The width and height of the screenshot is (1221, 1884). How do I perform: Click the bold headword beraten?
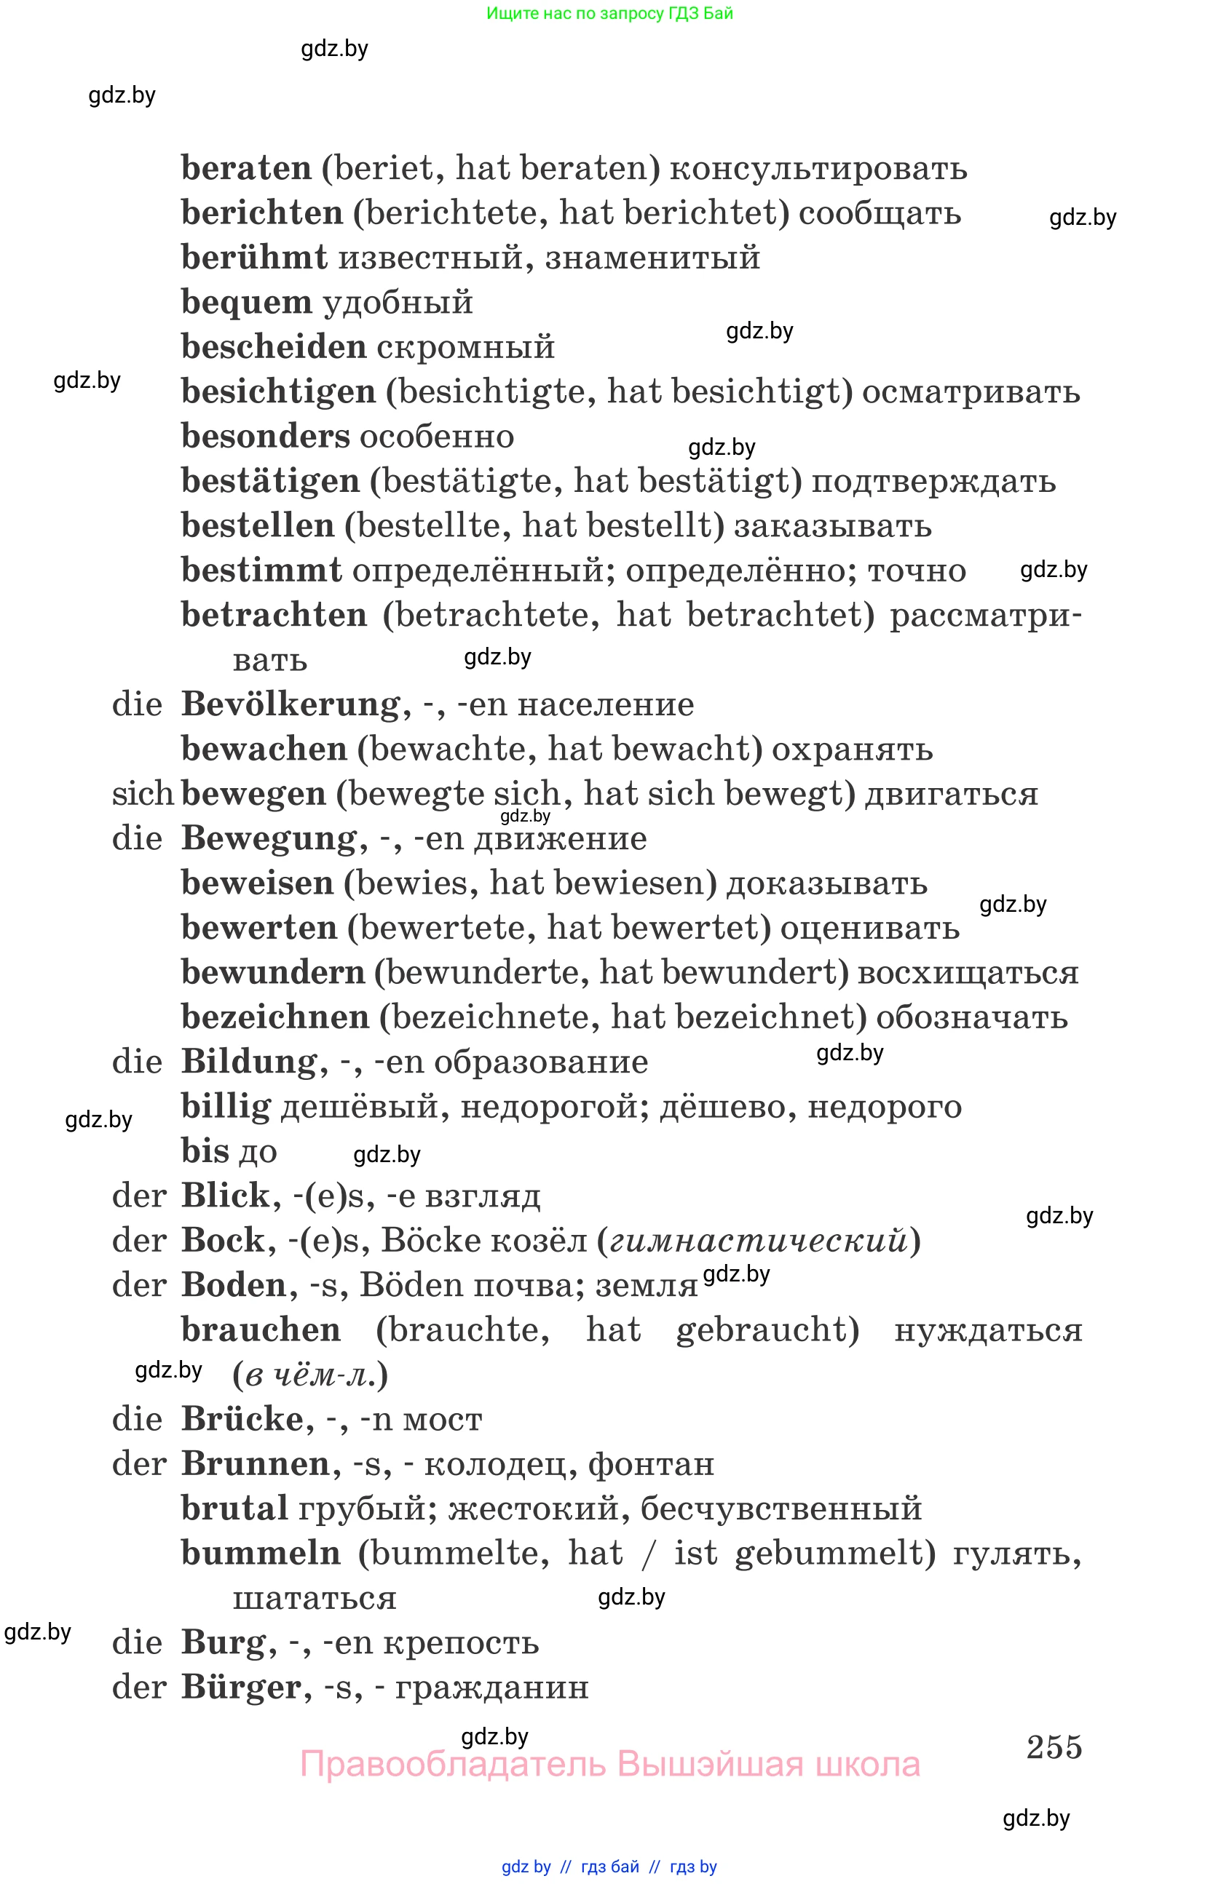246,169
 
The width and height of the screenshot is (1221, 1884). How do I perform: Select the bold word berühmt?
253,258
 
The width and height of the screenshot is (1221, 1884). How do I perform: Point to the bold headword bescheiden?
273,348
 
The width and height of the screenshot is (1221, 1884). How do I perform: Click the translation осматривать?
970,393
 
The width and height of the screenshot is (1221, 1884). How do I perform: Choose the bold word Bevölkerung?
291,704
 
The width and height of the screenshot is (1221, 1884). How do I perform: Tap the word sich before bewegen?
143,794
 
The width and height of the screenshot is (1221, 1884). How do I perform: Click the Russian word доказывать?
826,883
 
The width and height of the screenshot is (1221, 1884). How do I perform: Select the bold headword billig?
226,1107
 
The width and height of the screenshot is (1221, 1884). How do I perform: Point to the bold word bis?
205,1152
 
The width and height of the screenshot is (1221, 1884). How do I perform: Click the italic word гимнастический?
758,1241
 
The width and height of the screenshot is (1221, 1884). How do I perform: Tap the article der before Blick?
139,1196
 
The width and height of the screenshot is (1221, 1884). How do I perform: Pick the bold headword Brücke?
242,1419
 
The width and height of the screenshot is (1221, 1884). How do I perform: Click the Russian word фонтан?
651,1464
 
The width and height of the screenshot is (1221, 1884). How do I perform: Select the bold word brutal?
234,1509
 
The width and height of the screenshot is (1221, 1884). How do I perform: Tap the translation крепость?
461,1642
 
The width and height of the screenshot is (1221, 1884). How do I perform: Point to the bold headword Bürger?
242,1688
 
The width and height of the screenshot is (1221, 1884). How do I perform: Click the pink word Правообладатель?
453,1765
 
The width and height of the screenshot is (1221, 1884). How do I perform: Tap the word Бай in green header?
718,13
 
